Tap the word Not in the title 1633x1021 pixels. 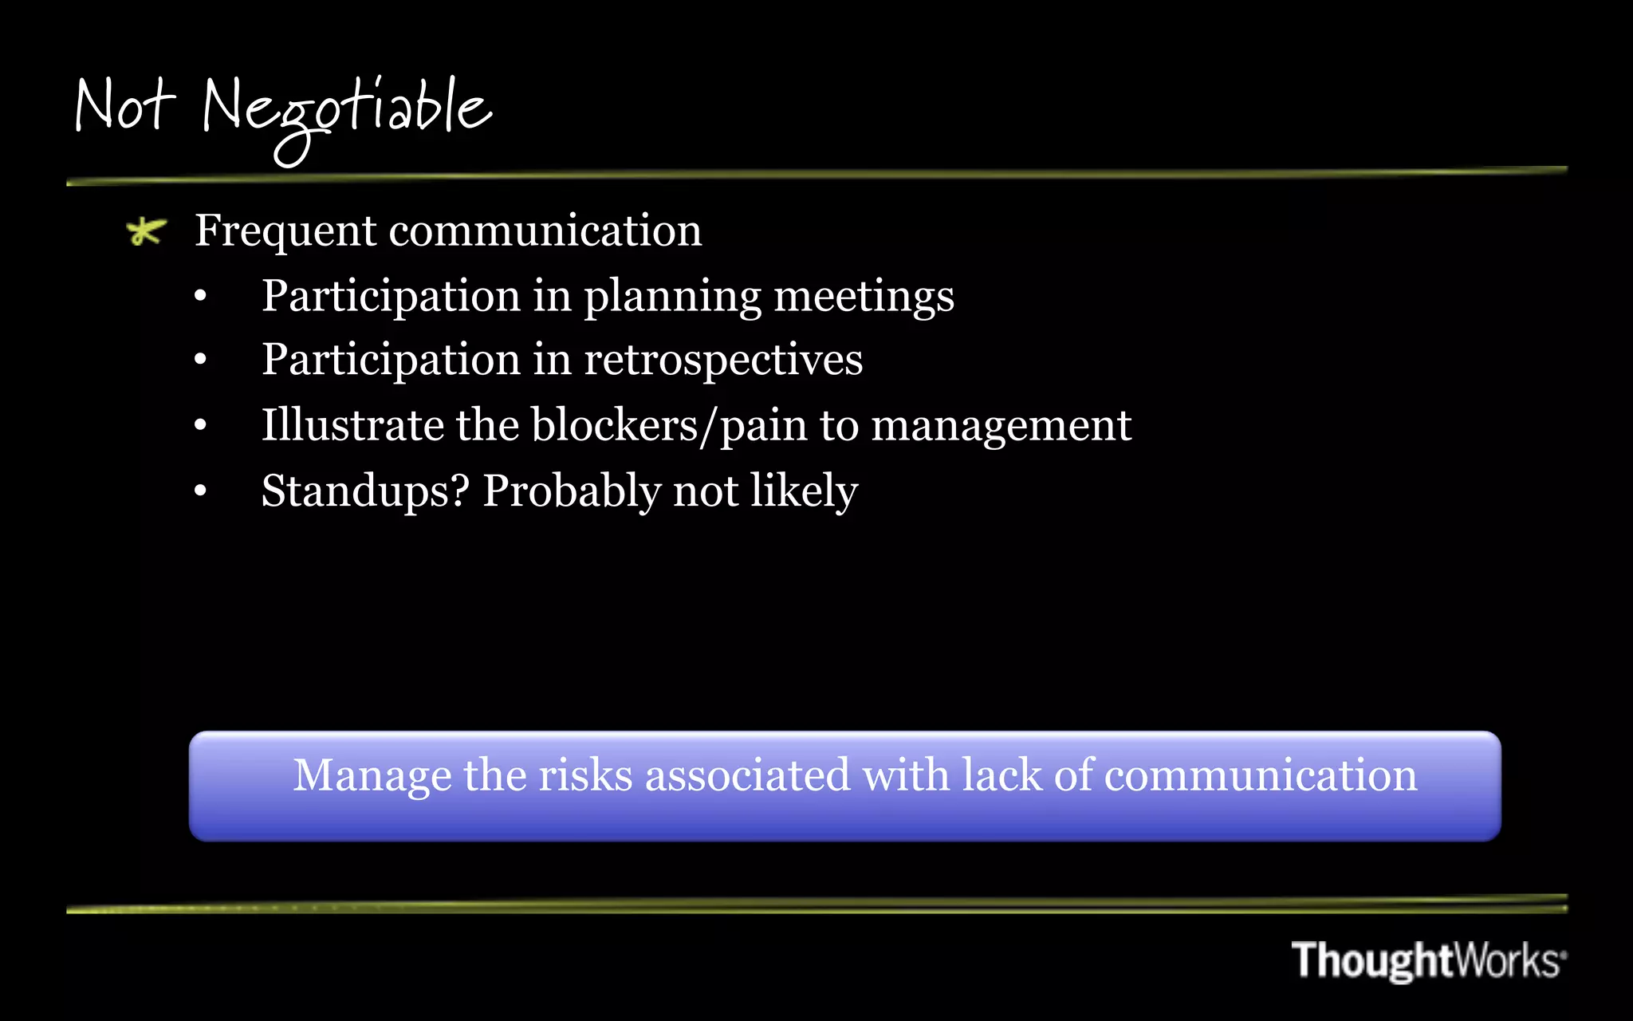124,105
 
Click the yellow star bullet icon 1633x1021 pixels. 146,231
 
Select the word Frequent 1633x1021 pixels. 285,231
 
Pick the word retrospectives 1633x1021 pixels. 723,360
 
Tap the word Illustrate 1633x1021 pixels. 352,424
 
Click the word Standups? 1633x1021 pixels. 365,491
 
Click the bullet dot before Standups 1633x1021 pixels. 200,491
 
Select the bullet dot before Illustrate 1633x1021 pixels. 200,426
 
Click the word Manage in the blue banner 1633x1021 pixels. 372,776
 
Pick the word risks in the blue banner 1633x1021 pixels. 585,775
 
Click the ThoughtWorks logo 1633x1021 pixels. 1428,960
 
